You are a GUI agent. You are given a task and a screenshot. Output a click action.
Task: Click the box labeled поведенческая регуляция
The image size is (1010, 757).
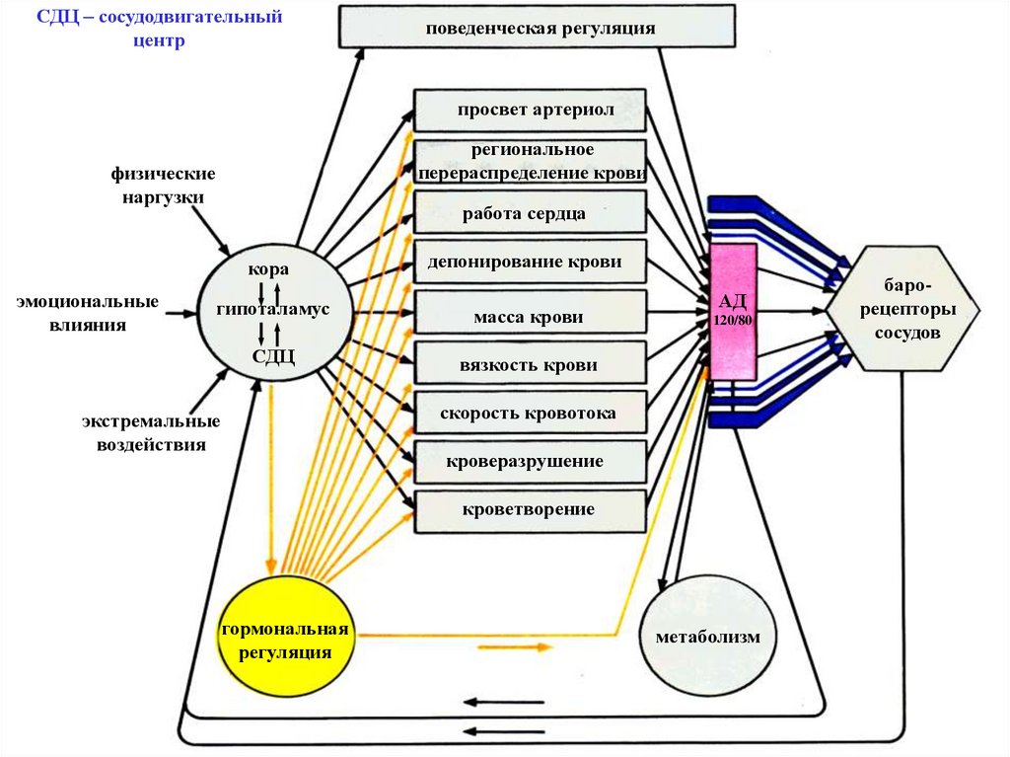[x=541, y=28]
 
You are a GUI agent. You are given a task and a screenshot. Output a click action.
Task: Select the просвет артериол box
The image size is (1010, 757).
[x=531, y=110]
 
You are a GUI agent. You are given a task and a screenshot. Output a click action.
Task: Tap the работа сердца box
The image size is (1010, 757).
[x=531, y=212]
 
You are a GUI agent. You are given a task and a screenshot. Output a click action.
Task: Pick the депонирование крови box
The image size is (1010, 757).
[x=531, y=263]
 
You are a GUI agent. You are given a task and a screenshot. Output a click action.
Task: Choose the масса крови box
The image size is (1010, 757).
[x=531, y=317]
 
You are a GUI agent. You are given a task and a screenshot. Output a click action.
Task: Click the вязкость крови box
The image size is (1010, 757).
[x=531, y=364]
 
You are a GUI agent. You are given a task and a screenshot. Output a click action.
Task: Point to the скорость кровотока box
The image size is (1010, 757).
[x=531, y=413]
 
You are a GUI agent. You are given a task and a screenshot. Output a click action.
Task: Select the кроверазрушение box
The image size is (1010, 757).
[x=531, y=461]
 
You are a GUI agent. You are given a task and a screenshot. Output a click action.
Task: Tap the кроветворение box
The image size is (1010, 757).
[x=531, y=509]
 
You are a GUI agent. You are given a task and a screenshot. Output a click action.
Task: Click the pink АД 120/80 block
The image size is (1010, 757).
[x=733, y=311]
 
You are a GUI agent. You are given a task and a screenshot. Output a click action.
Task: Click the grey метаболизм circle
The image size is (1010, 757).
[x=707, y=637]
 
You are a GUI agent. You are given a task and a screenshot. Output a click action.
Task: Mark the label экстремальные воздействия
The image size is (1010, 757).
[x=151, y=433]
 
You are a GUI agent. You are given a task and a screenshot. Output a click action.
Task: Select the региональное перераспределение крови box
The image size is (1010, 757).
[x=531, y=161]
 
